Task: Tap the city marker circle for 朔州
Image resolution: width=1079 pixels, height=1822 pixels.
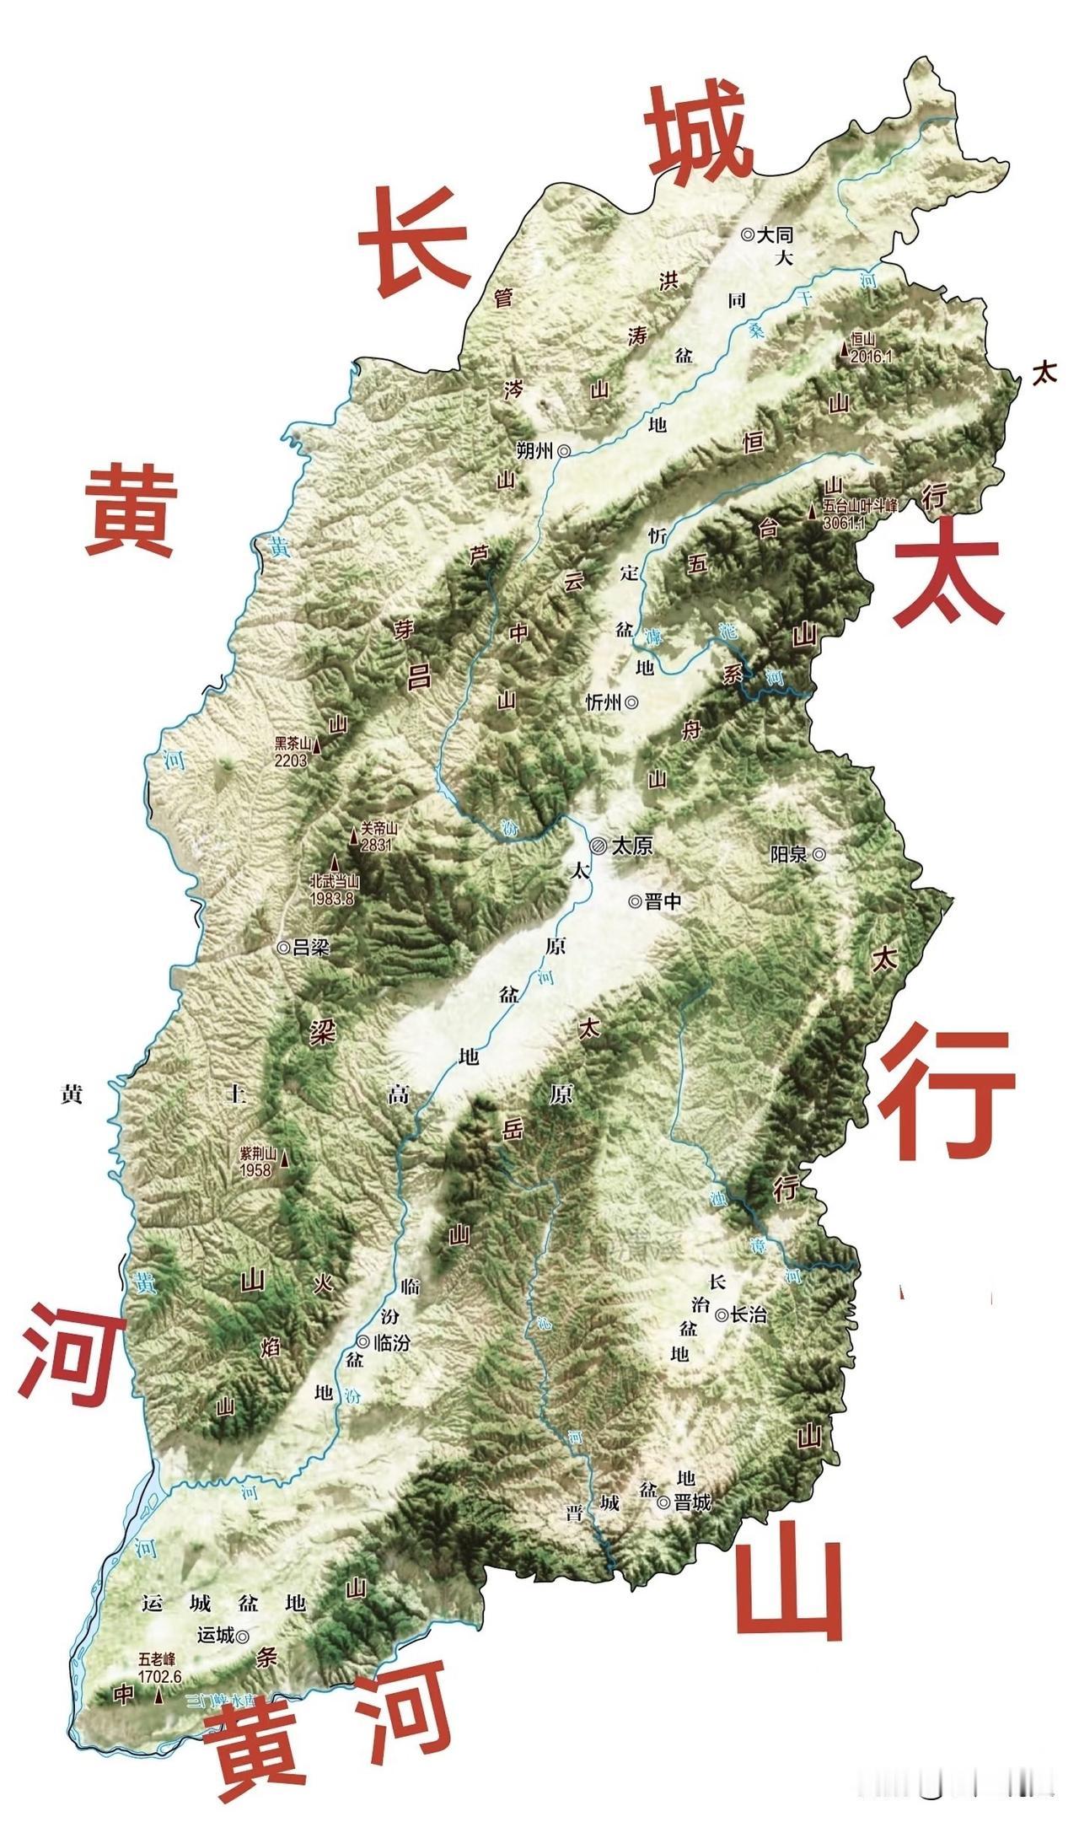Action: pos(564,451)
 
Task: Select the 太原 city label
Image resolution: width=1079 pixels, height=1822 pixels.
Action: pos(631,846)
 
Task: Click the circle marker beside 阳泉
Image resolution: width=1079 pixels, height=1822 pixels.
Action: pos(819,854)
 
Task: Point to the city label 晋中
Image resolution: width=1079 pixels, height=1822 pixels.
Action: pos(663,901)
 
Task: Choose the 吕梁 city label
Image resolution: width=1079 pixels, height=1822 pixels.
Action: pos(310,947)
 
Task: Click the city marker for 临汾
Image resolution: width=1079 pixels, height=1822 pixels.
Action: pos(362,1341)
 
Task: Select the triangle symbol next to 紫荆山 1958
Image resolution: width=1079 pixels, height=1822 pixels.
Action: pos(284,1160)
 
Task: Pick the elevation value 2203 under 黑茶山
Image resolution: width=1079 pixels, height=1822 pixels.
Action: pos(290,759)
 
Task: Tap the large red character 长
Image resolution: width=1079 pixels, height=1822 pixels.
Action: pos(413,240)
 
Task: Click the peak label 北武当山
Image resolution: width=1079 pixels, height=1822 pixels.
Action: pos(335,883)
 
